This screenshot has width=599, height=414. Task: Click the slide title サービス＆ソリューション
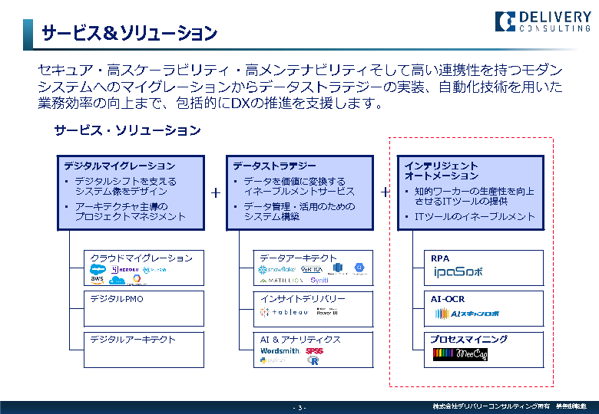pos(129,34)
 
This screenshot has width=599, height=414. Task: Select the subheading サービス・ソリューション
pos(127,130)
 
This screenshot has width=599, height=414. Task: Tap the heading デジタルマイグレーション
pos(119,166)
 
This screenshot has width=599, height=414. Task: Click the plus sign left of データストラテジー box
pos(216,193)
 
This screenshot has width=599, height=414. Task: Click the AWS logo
pos(98,280)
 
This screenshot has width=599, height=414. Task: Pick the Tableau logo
pos(283,312)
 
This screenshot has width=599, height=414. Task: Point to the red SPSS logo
pos(314,351)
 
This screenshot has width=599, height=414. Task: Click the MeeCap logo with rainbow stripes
pos(461,354)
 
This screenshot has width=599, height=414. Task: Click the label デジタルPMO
pos(117,299)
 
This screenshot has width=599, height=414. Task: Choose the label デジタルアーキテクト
pos(133,339)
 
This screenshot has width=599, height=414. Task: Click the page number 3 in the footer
pos(301,407)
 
